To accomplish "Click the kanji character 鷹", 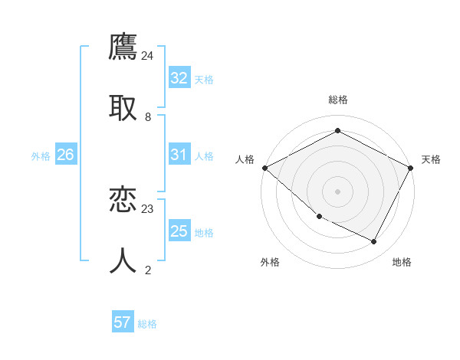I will click(123, 47).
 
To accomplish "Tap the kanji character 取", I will click(123, 107).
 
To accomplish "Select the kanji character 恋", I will click(123, 200).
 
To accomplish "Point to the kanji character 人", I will click(123, 260).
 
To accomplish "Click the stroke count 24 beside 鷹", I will click(148, 56).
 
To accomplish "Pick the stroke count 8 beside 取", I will click(148, 116).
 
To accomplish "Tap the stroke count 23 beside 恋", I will click(148, 208).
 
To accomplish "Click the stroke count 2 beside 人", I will click(148, 269).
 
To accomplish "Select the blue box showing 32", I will click(179, 78).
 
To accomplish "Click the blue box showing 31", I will click(179, 155).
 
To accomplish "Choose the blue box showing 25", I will click(179, 231).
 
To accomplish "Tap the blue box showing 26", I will click(66, 155).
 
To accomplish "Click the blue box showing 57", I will click(123, 322).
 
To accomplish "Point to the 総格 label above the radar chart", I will click(338, 100).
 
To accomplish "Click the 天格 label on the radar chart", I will click(431, 159).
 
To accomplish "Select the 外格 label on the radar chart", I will click(270, 262).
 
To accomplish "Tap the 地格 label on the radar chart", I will click(402, 262).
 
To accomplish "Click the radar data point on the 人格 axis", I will click(264, 168).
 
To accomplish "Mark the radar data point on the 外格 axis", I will click(319, 217).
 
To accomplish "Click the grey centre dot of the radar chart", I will click(337, 191).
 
